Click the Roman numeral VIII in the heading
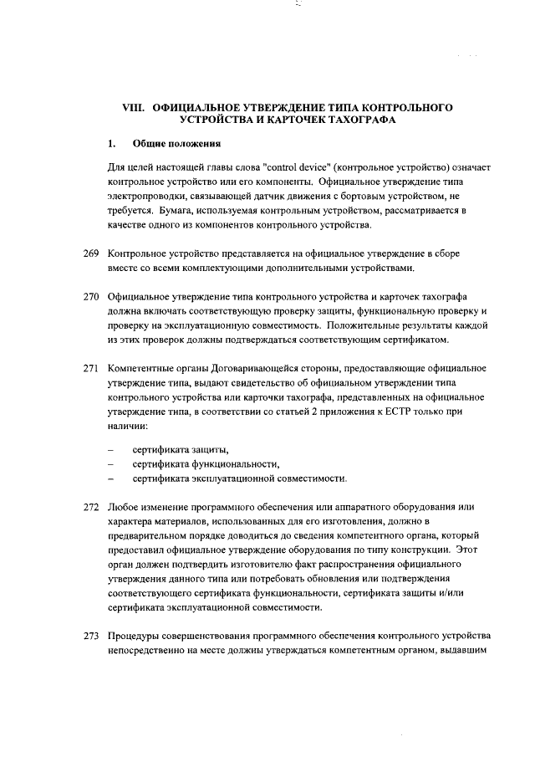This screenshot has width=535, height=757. (x=134, y=109)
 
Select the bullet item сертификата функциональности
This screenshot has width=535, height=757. (x=206, y=464)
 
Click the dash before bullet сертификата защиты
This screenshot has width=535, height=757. (x=111, y=450)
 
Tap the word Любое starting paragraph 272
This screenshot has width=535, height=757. (x=124, y=508)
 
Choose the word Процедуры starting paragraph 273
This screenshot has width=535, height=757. (x=135, y=637)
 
